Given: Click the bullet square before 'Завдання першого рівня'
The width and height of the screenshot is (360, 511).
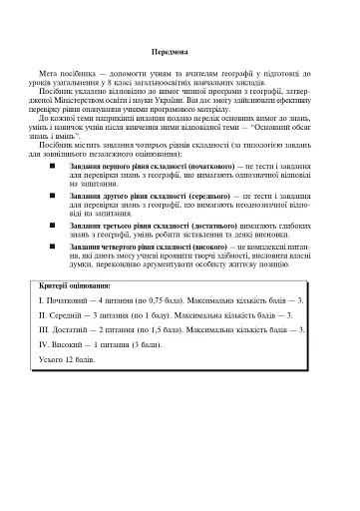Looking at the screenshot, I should [x=67, y=166].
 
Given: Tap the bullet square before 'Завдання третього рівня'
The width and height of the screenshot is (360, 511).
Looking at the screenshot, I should [x=67, y=225].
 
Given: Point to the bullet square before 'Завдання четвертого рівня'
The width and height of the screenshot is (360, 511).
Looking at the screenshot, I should [x=67, y=254].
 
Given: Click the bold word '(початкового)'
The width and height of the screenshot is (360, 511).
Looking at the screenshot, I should [x=199, y=166].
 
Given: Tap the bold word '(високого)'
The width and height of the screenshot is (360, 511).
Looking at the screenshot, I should [x=204, y=254].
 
